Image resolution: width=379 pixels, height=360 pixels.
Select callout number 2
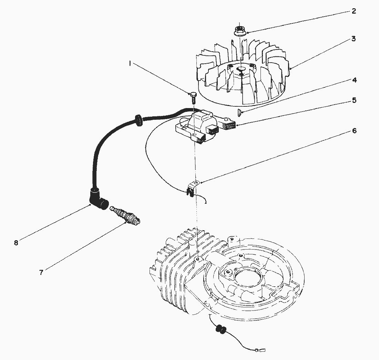[x=354, y=11]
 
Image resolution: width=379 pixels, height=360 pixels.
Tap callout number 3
[x=354, y=39]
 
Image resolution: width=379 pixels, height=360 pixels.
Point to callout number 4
[x=354, y=80]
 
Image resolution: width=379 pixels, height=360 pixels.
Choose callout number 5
[x=354, y=100]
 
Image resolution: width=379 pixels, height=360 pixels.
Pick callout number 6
[x=354, y=131]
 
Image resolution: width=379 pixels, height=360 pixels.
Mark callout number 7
[x=41, y=273]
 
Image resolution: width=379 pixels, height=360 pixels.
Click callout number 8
[x=16, y=243]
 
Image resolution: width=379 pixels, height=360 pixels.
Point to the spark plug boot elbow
[x=99, y=199]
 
